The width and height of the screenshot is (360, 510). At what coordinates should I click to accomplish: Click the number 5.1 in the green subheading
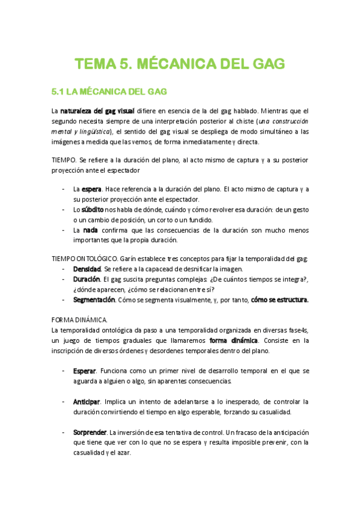tap(58, 92)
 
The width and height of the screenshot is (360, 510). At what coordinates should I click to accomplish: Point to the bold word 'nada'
tap(91, 230)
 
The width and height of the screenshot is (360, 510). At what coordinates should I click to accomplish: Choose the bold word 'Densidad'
tap(87, 269)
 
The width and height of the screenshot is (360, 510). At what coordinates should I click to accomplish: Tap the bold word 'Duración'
tap(87, 279)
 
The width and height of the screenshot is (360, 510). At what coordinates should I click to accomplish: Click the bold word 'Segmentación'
tap(94, 300)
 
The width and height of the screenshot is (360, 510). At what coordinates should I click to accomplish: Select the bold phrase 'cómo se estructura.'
tap(279, 300)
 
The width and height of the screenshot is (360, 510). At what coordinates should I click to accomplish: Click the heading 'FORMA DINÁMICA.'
tap(79, 321)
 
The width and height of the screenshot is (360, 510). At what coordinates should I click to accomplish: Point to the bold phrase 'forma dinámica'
tap(234, 341)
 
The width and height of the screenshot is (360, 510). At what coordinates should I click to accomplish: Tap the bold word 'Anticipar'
tap(87, 401)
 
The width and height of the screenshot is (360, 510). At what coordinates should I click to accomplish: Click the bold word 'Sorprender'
tap(90, 432)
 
